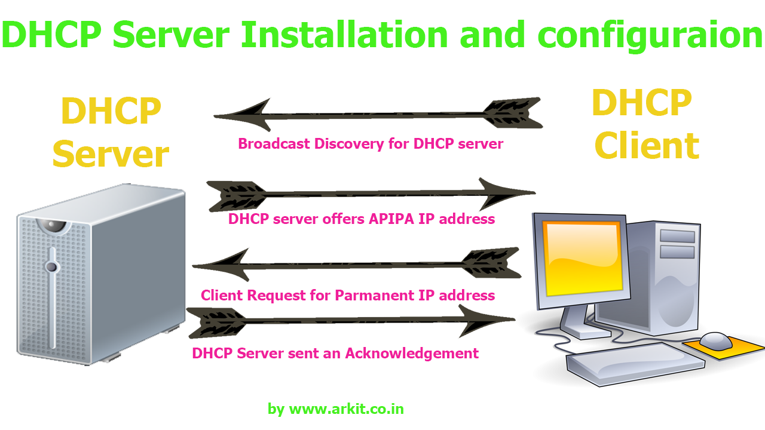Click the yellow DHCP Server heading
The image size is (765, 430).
click(111, 133)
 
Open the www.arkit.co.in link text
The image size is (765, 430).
click(346, 409)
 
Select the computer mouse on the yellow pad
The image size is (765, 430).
click(715, 341)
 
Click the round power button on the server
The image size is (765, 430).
click(52, 267)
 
